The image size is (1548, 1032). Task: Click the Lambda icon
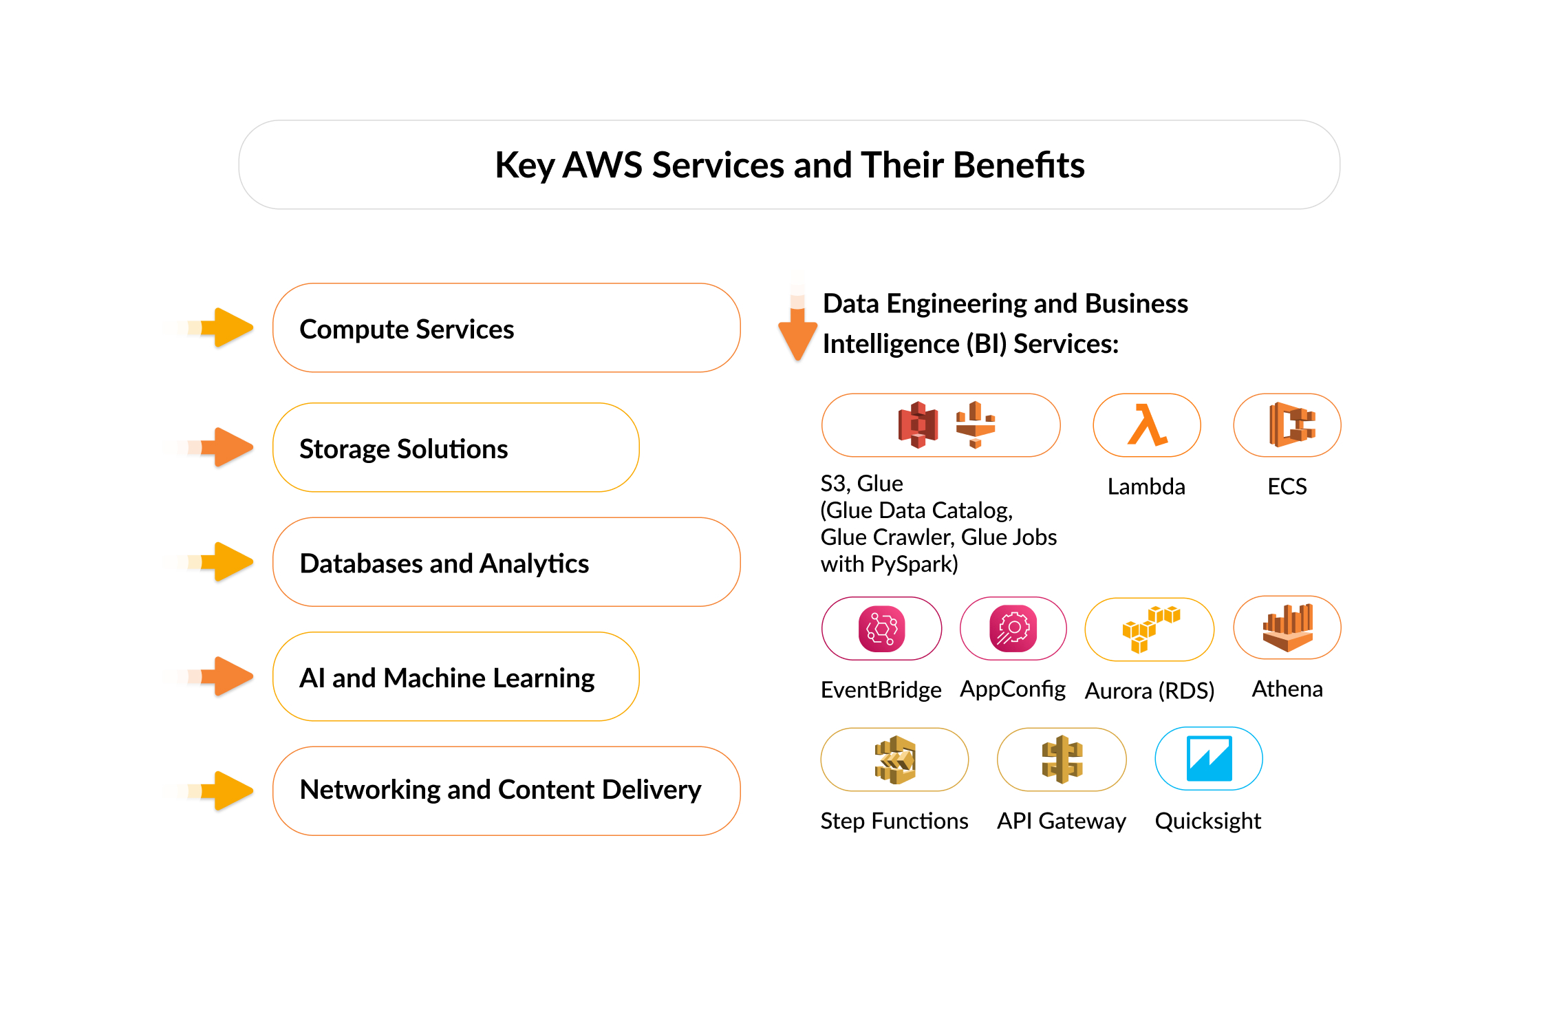pyautogui.click(x=1146, y=424)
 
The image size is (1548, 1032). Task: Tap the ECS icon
pyautogui.click(x=1291, y=424)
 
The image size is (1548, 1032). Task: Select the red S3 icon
pyautogui.click(x=918, y=424)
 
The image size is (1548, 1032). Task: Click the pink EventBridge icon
pyautogui.click(x=881, y=628)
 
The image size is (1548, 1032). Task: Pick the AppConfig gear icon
pyautogui.click(x=1013, y=628)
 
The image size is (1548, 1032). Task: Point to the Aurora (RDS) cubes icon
pyautogui.click(x=1149, y=629)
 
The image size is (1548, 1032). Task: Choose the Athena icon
pyautogui.click(x=1287, y=627)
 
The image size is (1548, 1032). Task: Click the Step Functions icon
pyautogui.click(x=894, y=760)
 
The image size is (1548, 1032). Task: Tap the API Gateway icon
pyautogui.click(x=1062, y=760)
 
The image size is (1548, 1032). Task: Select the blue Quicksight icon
pyautogui.click(x=1209, y=758)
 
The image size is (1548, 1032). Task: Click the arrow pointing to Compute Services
pyautogui.click(x=227, y=327)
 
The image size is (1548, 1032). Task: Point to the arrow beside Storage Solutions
pyautogui.click(x=227, y=447)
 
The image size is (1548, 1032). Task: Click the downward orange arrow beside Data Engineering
pyautogui.click(x=797, y=330)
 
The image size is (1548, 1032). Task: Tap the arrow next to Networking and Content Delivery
pyautogui.click(x=227, y=791)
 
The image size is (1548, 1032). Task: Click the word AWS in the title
pyautogui.click(x=602, y=165)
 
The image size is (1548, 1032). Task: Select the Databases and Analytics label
pyautogui.click(x=444, y=563)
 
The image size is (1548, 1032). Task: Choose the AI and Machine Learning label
pyautogui.click(x=447, y=678)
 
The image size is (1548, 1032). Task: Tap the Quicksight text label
pyautogui.click(x=1207, y=821)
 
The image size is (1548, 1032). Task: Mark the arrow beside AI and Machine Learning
pyautogui.click(x=227, y=676)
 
